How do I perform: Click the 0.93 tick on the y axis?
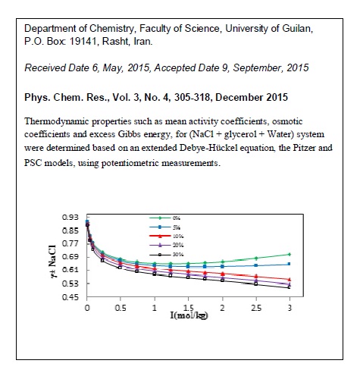click(x=74, y=218)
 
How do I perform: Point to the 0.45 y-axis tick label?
click(x=74, y=296)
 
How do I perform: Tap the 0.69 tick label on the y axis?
click(x=74, y=257)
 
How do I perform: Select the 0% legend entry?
click(x=186, y=217)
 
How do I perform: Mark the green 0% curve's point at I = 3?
click(x=290, y=254)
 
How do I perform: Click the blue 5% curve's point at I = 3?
click(x=290, y=264)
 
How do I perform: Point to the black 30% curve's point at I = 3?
click(x=290, y=287)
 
